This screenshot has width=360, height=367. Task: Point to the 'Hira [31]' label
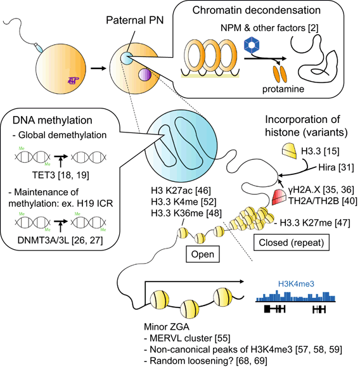click(329, 166)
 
